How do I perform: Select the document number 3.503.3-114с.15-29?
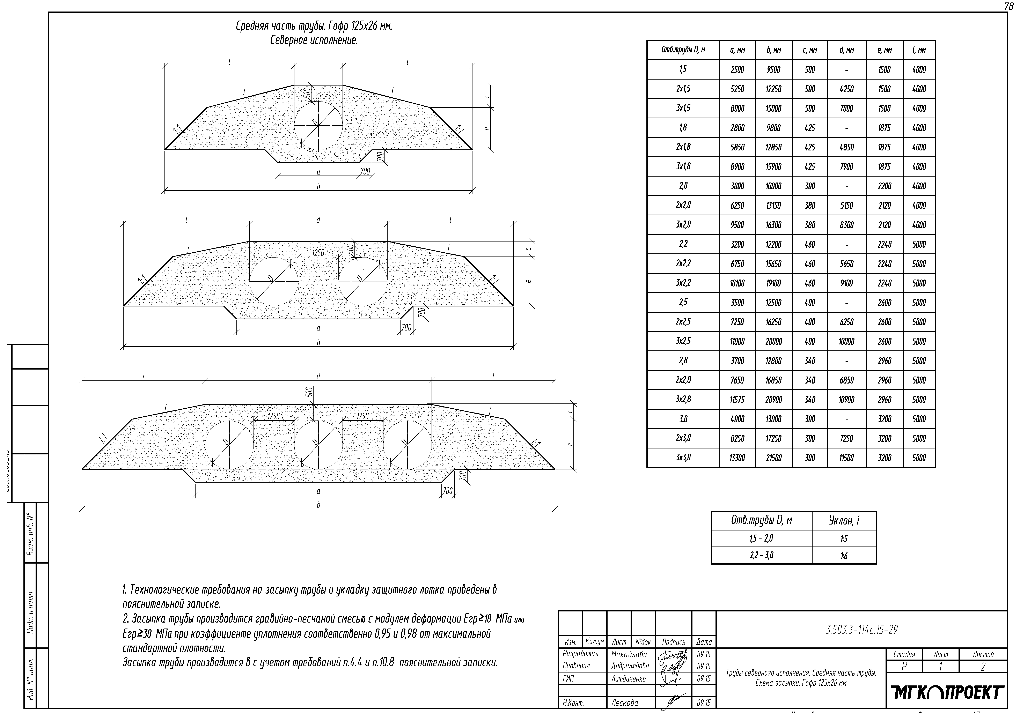coord(862,630)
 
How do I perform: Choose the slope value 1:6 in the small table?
coord(844,555)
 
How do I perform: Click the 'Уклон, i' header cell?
coord(844,520)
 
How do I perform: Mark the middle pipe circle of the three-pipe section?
coord(318,444)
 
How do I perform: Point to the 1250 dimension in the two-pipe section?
coord(318,253)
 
